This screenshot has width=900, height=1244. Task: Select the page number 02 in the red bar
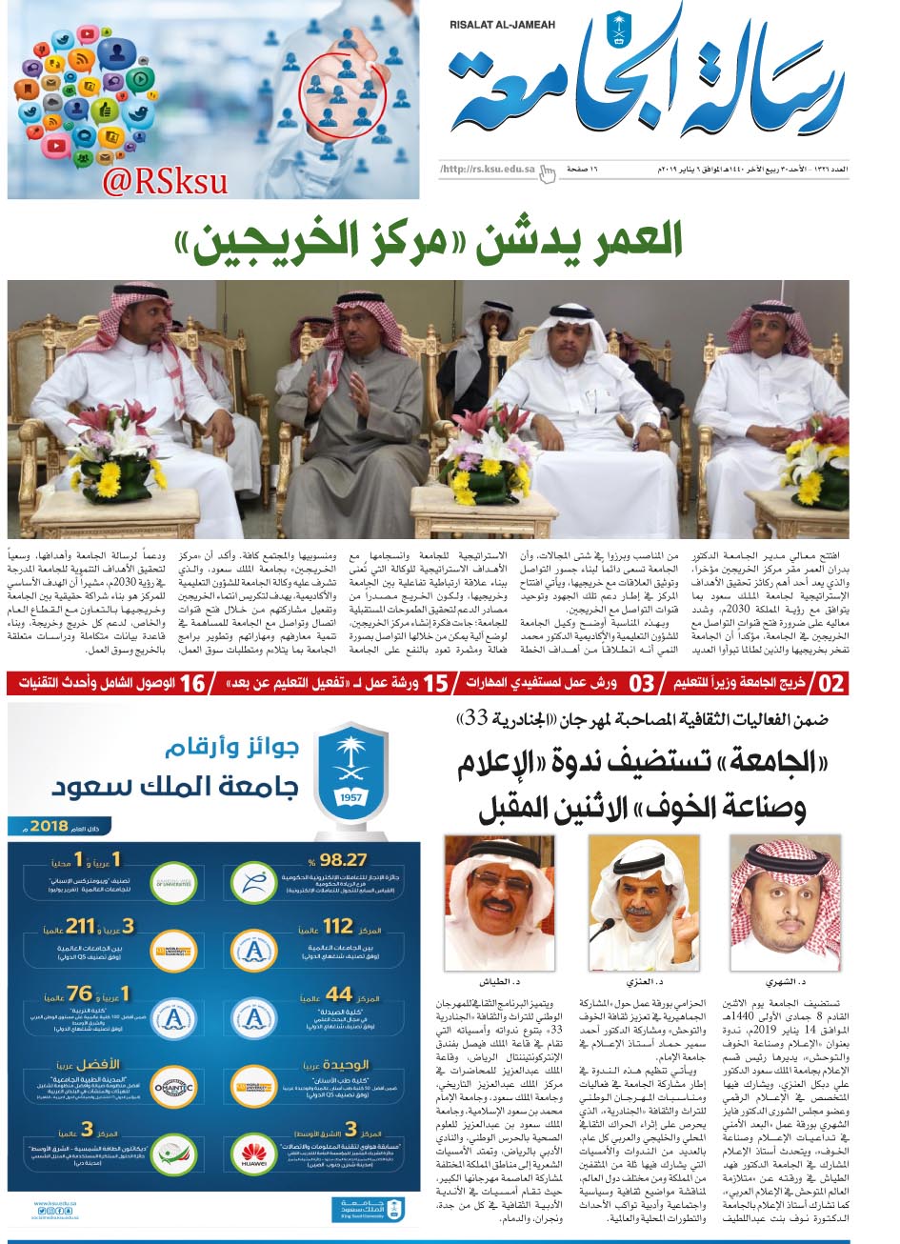[x=831, y=684]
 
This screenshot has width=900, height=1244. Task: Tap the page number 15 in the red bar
[x=435, y=684]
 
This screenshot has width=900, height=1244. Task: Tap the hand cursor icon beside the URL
[x=548, y=172]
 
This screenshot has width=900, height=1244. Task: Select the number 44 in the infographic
[x=339, y=994]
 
